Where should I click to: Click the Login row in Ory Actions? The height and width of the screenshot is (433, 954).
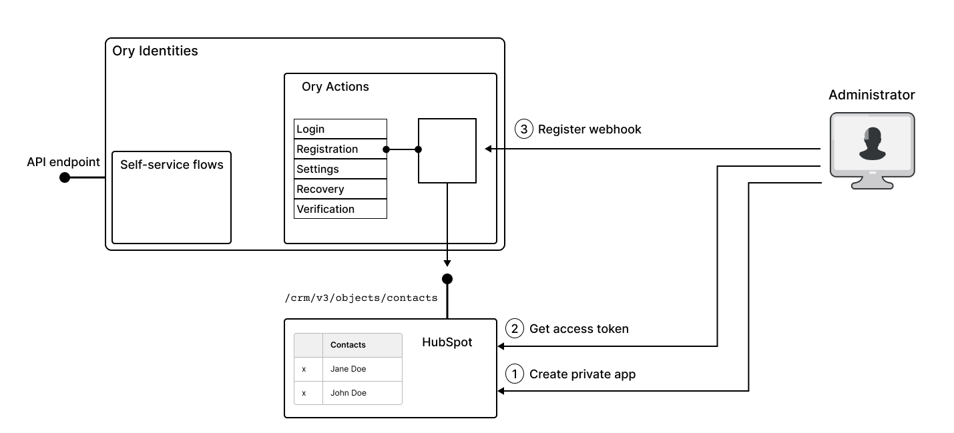[340, 129]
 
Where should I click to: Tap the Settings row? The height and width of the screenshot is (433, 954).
[340, 169]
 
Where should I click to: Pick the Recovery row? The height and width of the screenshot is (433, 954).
[340, 189]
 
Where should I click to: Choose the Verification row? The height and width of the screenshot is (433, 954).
[340, 209]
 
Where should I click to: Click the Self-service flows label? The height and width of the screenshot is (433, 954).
[172, 164]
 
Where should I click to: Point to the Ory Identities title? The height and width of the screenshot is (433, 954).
[155, 51]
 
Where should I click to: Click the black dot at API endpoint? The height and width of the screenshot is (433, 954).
[65, 177]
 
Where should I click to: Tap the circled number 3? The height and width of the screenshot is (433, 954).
[524, 129]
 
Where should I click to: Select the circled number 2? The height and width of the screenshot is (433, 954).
[515, 328]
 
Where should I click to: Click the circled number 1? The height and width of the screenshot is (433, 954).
[515, 374]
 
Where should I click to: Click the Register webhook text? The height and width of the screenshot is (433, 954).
[589, 129]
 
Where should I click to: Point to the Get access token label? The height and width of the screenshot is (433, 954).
[579, 328]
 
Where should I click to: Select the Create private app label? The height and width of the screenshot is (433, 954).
[582, 374]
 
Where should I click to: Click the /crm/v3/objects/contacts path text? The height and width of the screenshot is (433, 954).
[361, 298]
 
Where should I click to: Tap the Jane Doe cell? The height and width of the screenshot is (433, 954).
[348, 368]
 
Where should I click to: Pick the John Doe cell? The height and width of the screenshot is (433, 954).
[348, 393]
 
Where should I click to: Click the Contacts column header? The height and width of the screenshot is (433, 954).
[348, 345]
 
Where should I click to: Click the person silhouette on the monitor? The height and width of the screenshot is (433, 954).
[872, 145]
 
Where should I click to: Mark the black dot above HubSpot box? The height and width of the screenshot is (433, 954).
[447, 278]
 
